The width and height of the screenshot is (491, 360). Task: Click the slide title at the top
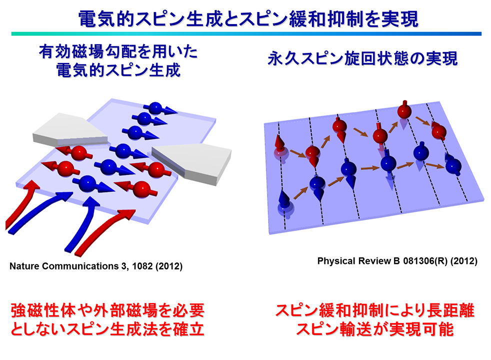point(248,19)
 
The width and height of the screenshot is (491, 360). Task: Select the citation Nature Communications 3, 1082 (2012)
point(96,266)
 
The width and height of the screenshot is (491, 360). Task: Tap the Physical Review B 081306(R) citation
point(397,261)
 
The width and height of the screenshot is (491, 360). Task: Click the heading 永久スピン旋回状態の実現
point(362,58)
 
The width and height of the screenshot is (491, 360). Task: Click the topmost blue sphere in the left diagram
point(155,108)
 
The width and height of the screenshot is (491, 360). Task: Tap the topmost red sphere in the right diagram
point(404,111)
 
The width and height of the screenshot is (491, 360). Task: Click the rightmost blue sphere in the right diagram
point(453,166)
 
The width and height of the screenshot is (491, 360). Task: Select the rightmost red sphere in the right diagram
point(439,131)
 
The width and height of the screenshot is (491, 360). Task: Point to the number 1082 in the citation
point(142,266)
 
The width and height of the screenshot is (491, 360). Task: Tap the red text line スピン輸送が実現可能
point(375,329)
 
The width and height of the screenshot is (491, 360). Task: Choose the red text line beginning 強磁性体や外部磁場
point(107,310)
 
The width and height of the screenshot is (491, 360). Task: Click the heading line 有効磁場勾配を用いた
point(118,51)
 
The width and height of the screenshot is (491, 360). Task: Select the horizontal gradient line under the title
point(246,34)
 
